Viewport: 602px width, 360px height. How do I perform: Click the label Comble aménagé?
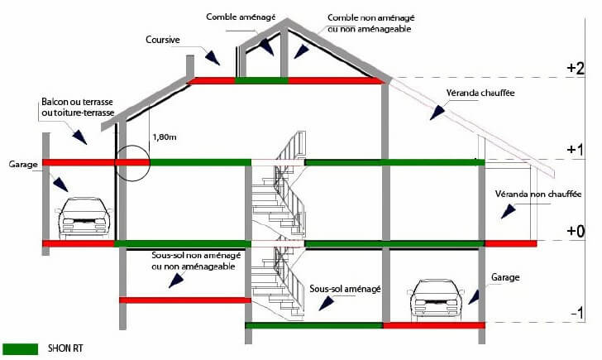(241, 17)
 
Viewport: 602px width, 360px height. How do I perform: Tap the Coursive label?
(162, 40)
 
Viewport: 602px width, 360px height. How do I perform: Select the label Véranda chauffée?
(480, 93)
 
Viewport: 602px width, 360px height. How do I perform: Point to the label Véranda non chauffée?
(537, 194)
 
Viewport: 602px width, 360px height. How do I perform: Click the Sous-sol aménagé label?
(345, 289)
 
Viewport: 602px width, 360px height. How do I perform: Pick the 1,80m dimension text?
(165, 137)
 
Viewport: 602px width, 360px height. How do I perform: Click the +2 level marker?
(576, 68)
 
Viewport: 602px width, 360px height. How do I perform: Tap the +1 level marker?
(576, 149)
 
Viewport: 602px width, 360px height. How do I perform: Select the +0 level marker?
(576, 231)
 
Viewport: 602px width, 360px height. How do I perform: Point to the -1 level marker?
(577, 313)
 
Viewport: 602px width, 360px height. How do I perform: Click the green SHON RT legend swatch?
(21, 349)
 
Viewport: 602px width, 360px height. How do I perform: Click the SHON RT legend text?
(65, 348)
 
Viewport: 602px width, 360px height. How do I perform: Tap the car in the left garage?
(84, 218)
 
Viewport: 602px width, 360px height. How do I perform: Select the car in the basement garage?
(435, 300)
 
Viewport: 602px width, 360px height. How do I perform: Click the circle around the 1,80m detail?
(117, 163)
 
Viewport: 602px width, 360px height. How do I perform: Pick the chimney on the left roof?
(190, 67)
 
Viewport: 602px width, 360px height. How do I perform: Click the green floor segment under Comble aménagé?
(261, 80)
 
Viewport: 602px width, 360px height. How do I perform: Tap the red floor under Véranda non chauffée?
(511, 243)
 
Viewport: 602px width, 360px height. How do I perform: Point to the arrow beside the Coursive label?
(212, 58)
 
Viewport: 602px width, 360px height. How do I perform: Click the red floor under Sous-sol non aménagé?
(185, 300)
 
